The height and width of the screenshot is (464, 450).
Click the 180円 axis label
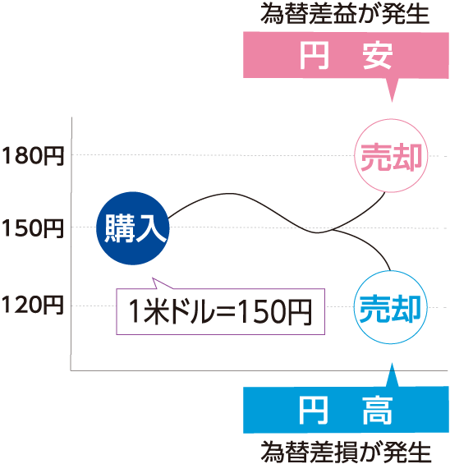coord(33,156)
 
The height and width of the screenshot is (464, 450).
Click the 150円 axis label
coord(33,228)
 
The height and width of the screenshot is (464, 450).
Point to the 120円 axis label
coord(33,306)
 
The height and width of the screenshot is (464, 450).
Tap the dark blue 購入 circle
coord(133,228)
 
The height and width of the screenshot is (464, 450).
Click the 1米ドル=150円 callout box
coord(220,311)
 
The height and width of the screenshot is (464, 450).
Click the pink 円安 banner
coord(346,55)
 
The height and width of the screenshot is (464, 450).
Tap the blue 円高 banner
coord(346,410)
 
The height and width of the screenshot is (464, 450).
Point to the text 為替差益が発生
coord(345,14)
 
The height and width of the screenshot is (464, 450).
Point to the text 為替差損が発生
coord(345,452)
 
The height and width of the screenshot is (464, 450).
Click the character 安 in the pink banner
coord(378,55)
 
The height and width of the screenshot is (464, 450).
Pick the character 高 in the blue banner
coord(378,411)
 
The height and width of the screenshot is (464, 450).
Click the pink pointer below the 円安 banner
coord(393,89)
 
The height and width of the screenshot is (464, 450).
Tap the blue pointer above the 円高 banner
coord(393,375)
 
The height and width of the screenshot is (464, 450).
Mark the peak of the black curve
coord(231,194)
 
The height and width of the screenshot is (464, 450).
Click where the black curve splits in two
coord(332,230)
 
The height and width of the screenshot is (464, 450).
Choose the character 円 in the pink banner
coord(315,55)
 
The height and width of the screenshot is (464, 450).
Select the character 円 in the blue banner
coord(313,411)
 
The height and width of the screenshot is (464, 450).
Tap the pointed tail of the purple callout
coord(153,278)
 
